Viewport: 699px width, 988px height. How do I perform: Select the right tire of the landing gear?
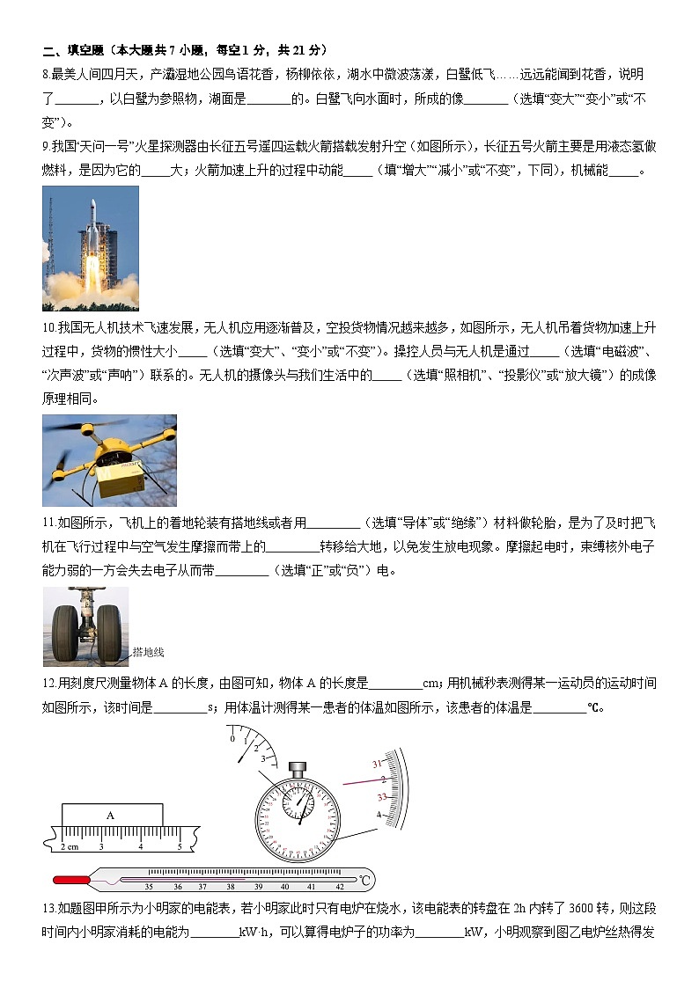[108, 626]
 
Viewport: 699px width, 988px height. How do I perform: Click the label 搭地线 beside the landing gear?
[148, 653]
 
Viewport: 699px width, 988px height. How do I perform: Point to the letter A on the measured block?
[110, 816]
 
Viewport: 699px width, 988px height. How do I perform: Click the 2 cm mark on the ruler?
[69, 846]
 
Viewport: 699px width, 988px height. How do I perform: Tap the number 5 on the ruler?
[180, 846]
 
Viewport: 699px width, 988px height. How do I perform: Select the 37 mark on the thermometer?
[202, 887]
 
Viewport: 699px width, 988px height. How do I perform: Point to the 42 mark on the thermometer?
[339, 887]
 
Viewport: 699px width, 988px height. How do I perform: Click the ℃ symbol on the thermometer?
[365, 879]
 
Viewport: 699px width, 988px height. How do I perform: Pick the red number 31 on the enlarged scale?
[378, 764]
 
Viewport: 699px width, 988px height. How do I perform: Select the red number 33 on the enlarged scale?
[382, 797]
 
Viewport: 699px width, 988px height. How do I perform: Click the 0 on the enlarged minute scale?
[232, 739]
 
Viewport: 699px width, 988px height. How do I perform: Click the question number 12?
[49, 684]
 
